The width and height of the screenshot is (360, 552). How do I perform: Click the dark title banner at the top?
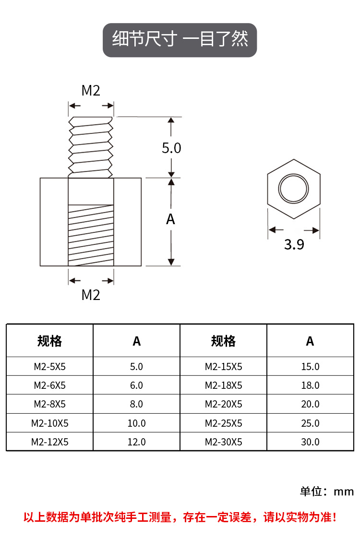(180, 40)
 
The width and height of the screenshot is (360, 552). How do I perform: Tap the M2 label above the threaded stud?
(91, 90)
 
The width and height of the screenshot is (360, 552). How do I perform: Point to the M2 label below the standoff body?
(91, 295)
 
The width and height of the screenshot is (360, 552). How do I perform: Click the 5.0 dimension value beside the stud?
(171, 148)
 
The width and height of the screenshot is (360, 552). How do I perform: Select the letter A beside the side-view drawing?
(170, 219)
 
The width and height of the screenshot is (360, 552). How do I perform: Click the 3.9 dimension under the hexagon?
(294, 244)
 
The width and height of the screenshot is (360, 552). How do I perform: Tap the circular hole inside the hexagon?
(294, 189)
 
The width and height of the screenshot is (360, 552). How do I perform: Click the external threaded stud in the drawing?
(91, 146)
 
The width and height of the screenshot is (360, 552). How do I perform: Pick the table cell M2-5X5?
(49, 367)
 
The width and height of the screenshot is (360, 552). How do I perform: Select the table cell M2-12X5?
(49, 442)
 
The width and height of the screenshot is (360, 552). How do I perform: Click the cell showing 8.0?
(136, 404)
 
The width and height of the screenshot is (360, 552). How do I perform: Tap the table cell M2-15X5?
(223, 367)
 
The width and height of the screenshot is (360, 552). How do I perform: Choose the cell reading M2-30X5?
(223, 442)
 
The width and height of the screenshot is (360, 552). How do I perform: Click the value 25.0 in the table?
(310, 423)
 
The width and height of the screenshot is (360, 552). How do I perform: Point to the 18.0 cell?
(310, 385)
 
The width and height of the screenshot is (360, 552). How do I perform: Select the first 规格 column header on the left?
(49, 341)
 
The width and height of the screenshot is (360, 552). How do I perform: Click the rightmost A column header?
(310, 341)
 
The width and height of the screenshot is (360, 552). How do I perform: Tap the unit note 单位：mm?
(327, 491)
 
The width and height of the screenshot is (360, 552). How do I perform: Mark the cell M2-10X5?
(49, 423)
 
